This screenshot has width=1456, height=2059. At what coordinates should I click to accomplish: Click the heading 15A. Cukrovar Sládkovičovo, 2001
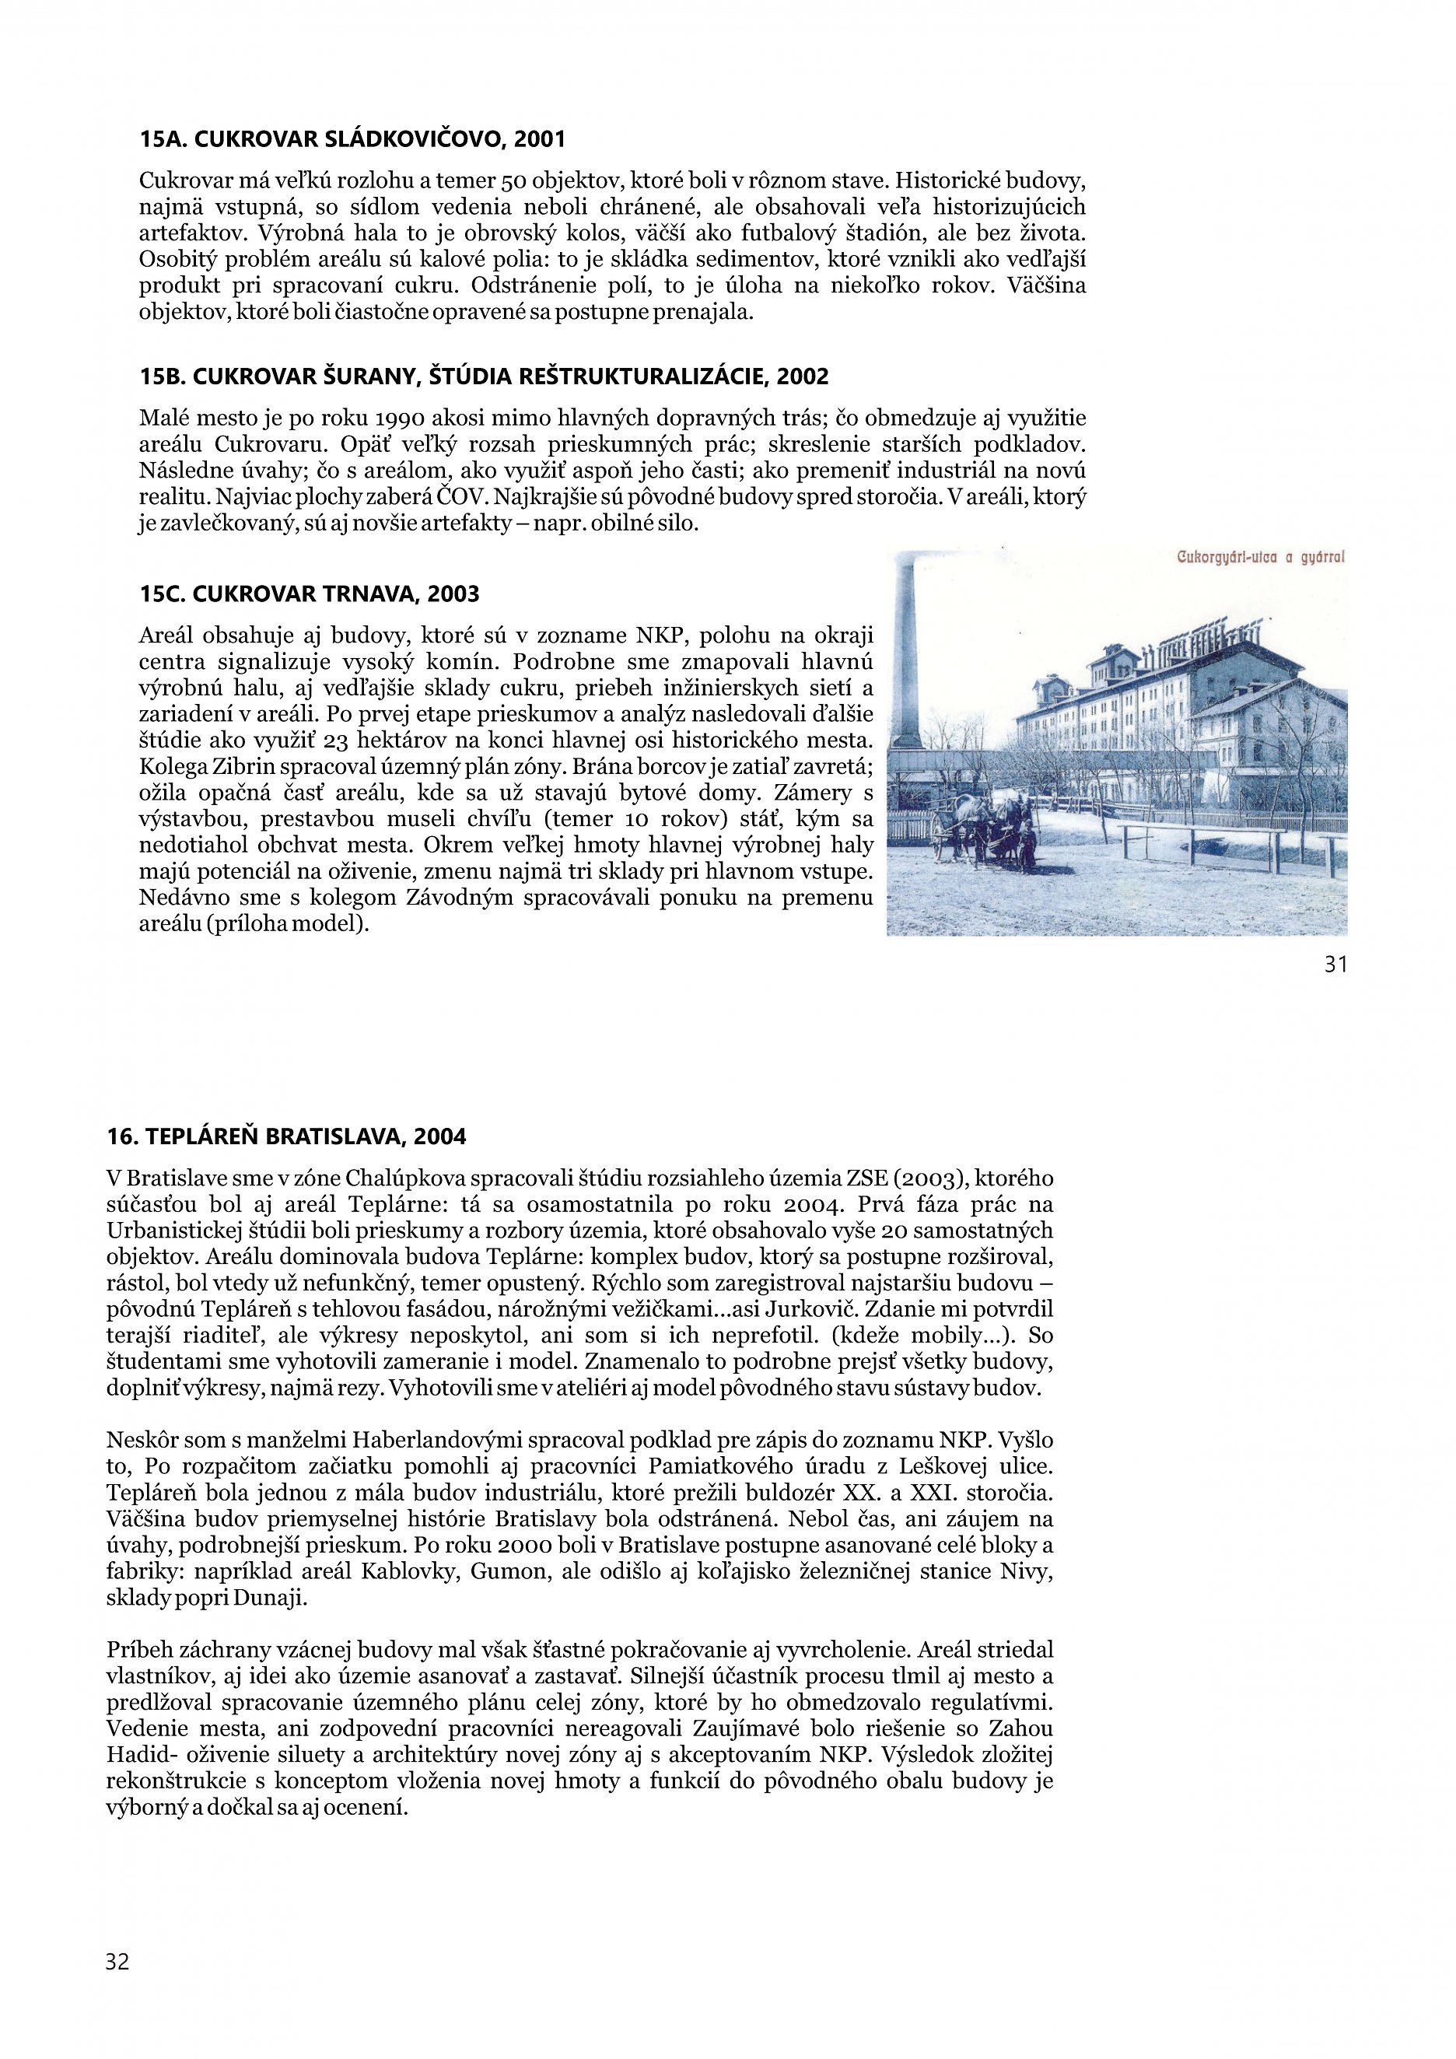pos(352,139)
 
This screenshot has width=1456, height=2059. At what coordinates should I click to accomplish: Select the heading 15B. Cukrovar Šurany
pos(484,376)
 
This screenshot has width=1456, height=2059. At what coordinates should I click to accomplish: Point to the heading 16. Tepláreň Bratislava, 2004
pos(286,1137)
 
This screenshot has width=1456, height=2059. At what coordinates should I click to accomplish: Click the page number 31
pos(1335,964)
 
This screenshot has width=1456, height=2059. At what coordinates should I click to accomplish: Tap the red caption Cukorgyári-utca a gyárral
pos(1261,558)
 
